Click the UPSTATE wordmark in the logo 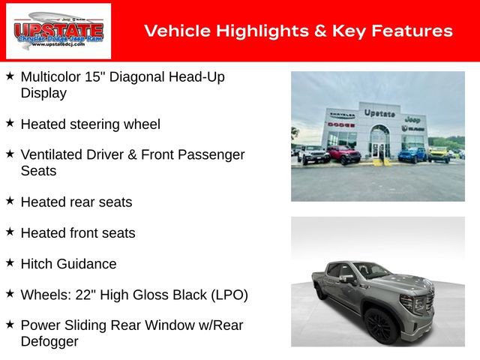58,30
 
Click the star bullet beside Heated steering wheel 10,123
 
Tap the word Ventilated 53,154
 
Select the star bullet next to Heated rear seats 10,201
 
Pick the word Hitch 37,264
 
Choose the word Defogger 49,341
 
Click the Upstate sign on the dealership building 379,113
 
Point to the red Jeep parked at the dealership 343,155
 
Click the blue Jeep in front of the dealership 412,155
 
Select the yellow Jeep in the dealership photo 438,154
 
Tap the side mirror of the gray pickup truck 346,280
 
